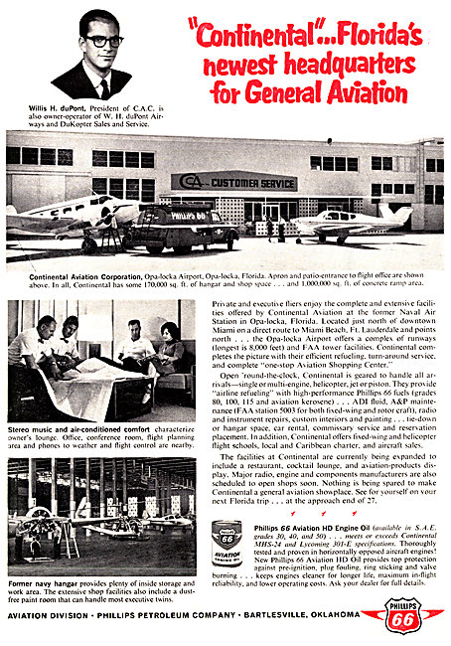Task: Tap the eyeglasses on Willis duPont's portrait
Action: tap(104, 41)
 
